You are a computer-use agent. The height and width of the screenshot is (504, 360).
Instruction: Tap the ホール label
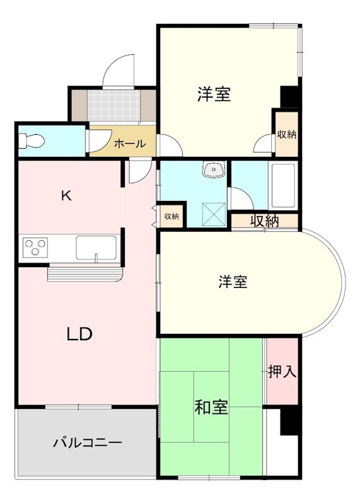pyautogui.click(x=130, y=144)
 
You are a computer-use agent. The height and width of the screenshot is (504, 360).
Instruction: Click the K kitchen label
pyautogui.click(x=66, y=195)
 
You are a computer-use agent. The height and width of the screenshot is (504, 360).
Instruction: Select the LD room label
pyautogui.click(x=80, y=334)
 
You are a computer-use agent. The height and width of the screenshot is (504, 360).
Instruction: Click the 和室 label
pyautogui.click(x=211, y=408)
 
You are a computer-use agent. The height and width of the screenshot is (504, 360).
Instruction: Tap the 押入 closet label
pyautogui.click(x=282, y=372)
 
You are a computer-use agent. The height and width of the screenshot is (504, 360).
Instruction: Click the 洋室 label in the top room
pyautogui.click(x=213, y=94)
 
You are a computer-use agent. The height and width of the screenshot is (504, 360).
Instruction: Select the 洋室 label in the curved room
pyautogui.click(x=233, y=282)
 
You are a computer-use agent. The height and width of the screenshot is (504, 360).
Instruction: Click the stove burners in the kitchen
pyautogui.click(x=35, y=246)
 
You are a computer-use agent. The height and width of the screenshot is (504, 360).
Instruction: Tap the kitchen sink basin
pyautogui.click(x=96, y=247)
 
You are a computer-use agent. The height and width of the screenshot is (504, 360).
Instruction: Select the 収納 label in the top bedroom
pyautogui.click(x=286, y=134)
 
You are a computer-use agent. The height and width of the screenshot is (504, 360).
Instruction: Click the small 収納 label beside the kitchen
pyautogui.click(x=171, y=217)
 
